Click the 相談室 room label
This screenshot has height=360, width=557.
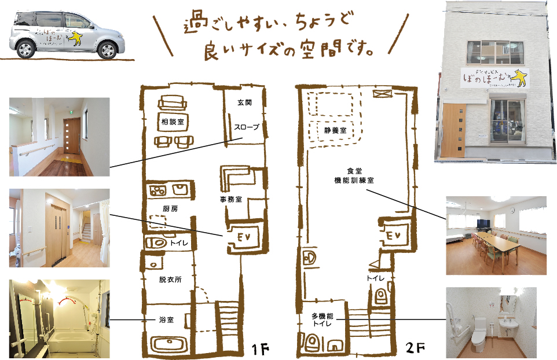171,122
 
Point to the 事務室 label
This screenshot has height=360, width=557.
230,199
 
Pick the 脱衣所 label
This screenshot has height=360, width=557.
170,279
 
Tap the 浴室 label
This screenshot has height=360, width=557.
166,319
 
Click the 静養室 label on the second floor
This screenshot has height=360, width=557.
335,131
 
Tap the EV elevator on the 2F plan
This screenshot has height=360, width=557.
393,236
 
